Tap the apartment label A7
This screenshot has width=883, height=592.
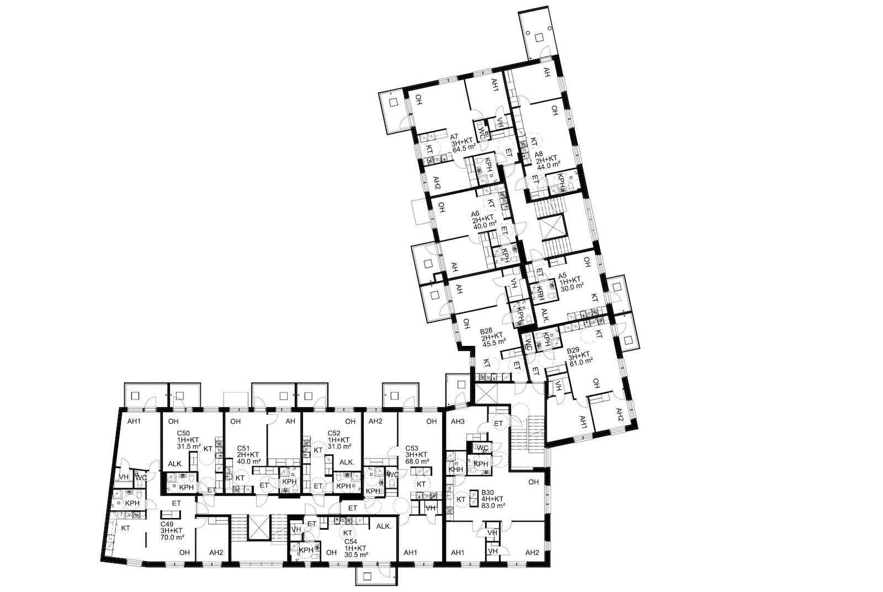[x=454, y=136]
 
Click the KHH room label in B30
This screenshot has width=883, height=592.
[x=455, y=470]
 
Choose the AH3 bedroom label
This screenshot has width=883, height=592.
[x=458, y=422]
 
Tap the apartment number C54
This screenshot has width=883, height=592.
[x=351, y=542]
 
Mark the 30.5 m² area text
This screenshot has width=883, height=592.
[x=357, y=554]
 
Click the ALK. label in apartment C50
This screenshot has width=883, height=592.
[x=176, y=464]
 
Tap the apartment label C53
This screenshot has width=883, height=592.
[x=412, y=449]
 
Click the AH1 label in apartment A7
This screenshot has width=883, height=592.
[x=495, y=96]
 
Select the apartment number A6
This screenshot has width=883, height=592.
[x=475, y=215]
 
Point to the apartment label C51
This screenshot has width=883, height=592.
[x=243, y=449]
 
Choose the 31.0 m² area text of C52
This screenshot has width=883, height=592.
[x=340, y=446]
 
